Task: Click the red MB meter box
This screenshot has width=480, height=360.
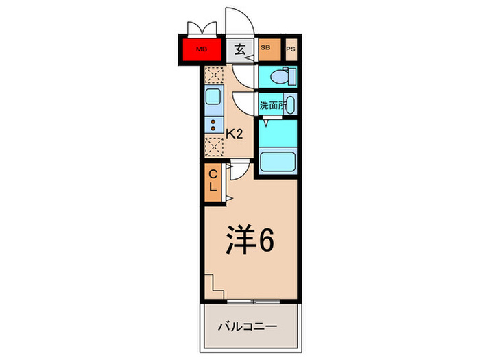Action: tap(202, 49)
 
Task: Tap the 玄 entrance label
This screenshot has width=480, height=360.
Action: tap(240, 49)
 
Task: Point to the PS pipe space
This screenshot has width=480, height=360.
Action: tap(291, 49)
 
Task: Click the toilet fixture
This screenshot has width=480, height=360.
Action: tap(282, 77)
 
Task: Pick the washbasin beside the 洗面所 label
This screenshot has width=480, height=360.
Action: tap(290, 106)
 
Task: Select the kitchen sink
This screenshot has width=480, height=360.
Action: tap(213, 100)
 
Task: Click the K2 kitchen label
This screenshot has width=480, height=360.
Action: tap(235, 134)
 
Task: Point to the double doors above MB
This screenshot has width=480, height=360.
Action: tap(201, 27)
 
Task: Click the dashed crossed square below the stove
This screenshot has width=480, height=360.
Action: tap(215, 146)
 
